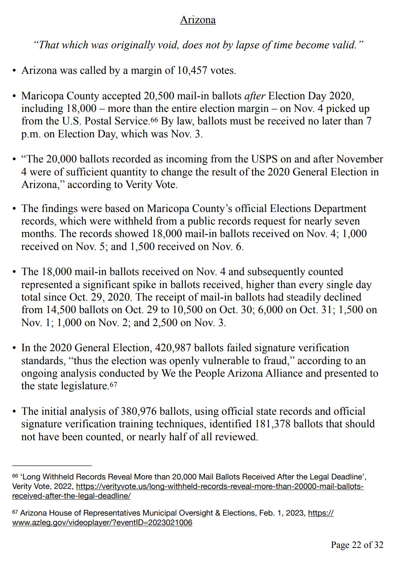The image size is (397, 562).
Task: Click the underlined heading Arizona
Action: (198, 20)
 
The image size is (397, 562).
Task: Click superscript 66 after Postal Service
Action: (154, 120)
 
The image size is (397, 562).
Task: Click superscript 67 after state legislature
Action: (114, 385)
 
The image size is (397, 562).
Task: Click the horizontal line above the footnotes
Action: (52, 465)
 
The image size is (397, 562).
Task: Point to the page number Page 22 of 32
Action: (357, 545)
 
